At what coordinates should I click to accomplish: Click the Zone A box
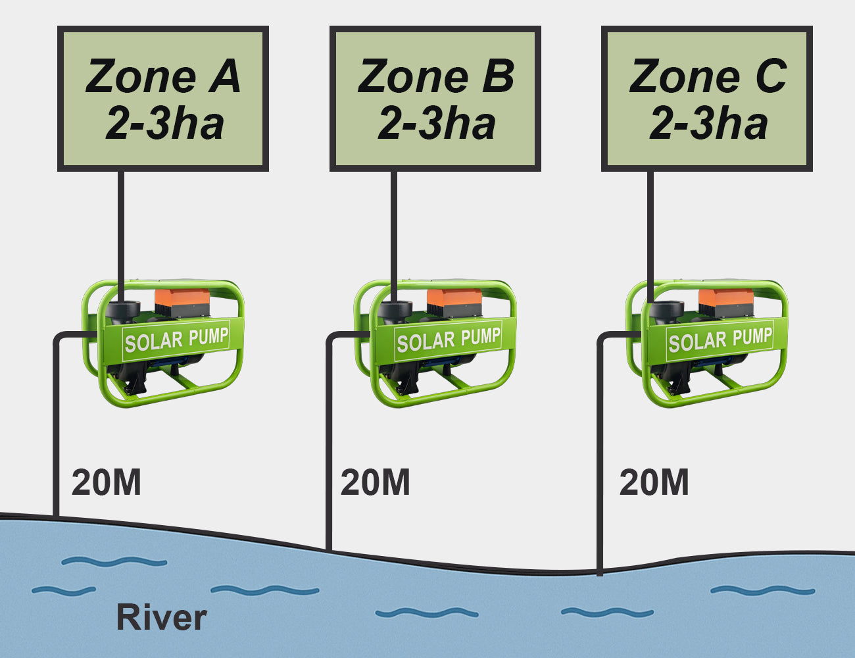tap(163, 99)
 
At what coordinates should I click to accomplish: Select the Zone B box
tap(435, 99)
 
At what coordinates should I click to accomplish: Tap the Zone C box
tap(707, 99)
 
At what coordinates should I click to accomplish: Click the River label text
tap(161, 617)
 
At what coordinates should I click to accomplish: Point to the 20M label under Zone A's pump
tap(107, 483)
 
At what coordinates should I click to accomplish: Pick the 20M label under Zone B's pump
tap(376, 483)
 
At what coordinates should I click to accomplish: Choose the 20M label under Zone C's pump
tap(654, 483)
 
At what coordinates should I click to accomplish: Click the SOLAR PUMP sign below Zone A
tap(176, 340)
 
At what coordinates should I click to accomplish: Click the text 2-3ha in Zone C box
tap(708, 124)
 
